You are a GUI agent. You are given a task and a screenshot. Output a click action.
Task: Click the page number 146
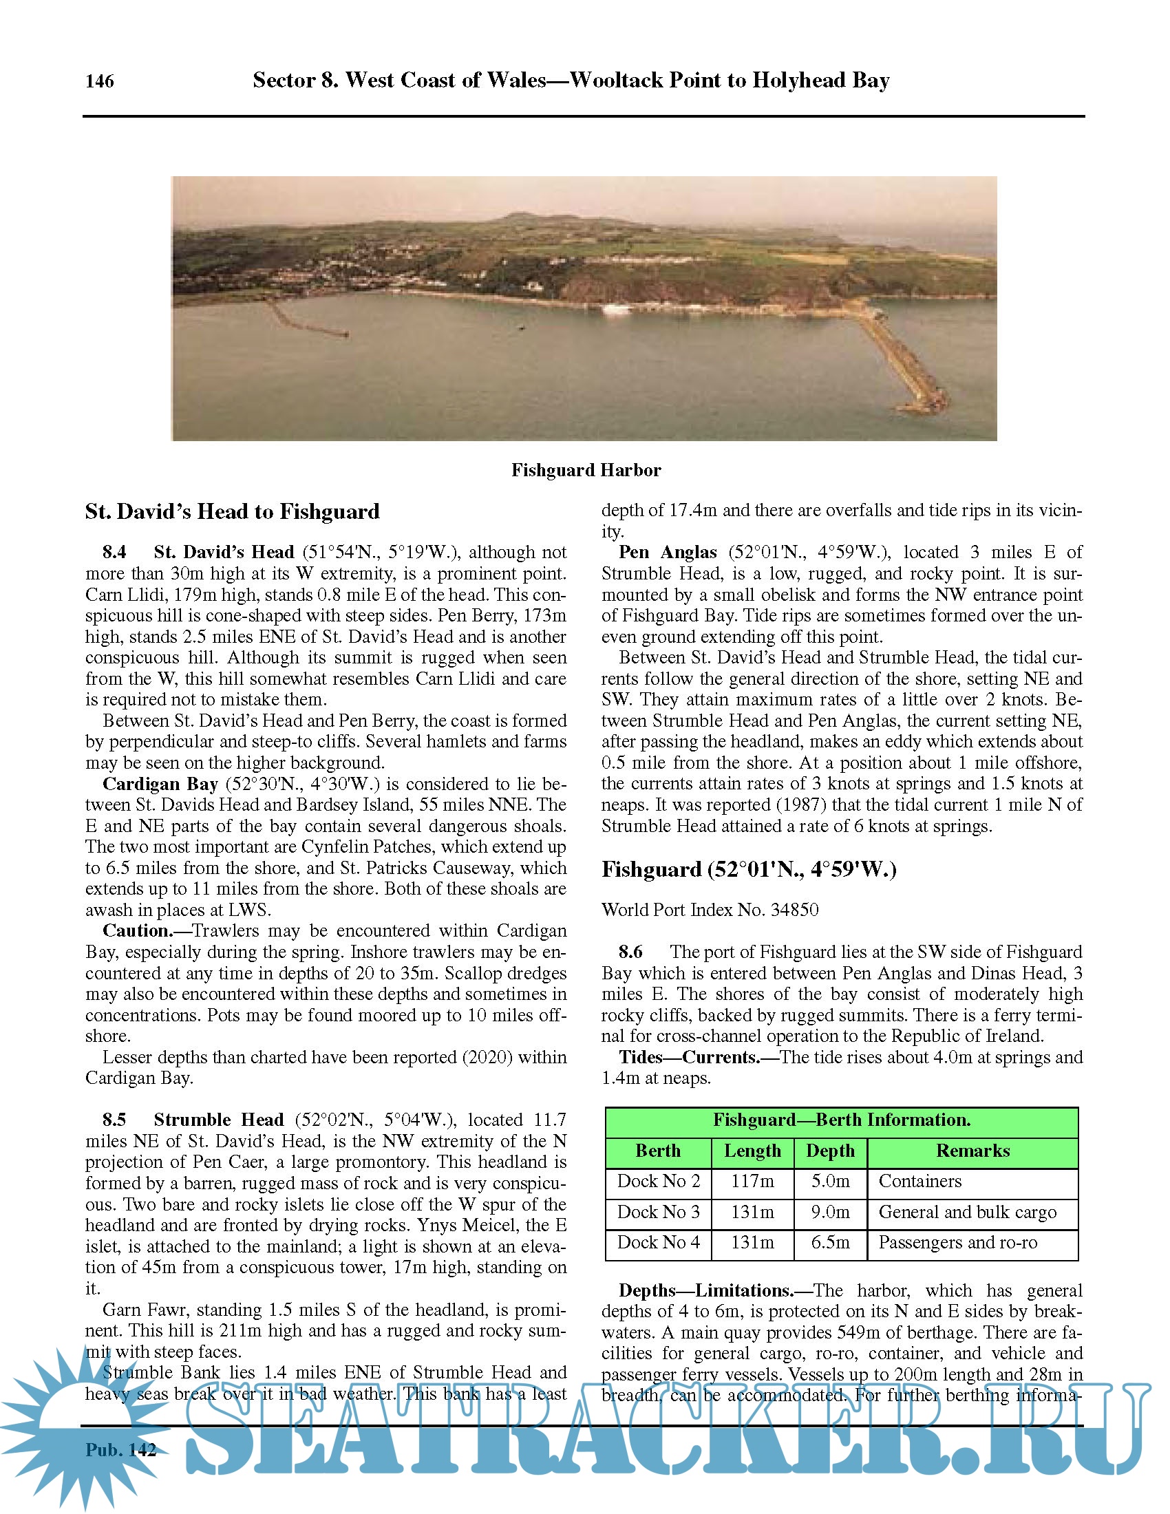(99, 81)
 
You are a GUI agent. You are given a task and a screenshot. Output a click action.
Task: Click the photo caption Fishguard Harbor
(586, 470)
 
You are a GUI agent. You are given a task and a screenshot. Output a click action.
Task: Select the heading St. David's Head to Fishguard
(232, 511)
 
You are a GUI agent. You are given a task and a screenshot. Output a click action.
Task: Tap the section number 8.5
(114, 1120)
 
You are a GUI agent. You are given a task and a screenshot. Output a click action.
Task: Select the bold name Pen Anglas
(667, 552)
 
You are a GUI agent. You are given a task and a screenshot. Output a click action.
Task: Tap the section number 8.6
(630, 952)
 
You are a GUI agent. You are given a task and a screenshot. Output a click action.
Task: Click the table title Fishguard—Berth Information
(842, 1120)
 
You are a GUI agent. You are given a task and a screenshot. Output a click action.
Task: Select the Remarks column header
(972, 1151)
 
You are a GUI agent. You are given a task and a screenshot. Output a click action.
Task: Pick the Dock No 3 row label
(659, 1212)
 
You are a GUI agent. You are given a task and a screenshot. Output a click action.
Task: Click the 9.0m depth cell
(830, 1212)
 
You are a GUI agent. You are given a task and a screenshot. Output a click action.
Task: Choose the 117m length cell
(752, 1181)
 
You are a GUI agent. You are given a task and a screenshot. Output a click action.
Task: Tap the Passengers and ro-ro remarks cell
(957, 1242)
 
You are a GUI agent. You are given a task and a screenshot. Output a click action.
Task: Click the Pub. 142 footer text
(120, 1449)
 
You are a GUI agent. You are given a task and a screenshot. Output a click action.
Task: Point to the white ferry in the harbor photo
(615, 308)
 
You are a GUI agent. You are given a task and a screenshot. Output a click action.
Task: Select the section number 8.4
(114, 552)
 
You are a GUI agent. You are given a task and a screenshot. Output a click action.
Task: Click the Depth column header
(830, 1151)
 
